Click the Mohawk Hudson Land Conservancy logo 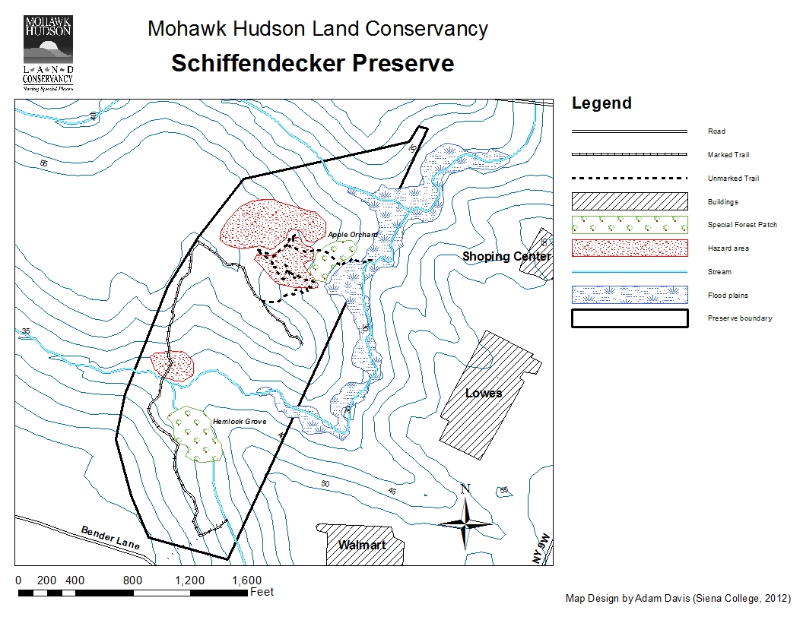coord(48,52)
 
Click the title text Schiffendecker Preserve coord(312,63)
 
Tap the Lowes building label coord(484,393)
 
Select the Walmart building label coord(362,545)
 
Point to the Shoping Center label coord(506,257)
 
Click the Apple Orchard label coord(352,236)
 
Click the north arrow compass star coord(465,522)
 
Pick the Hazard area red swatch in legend coord(629,248)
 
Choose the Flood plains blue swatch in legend coord(629,295)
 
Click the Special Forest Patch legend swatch coord(629,225)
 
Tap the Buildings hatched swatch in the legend coord(629,201)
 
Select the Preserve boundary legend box coord(629,318)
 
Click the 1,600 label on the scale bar coord(246,580)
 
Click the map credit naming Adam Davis coord(678,598)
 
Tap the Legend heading coord(601,103)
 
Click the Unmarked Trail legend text coord(733,179)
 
